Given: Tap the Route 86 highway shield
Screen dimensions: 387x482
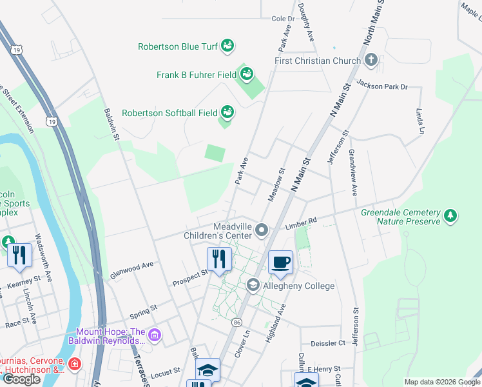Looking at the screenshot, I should [x=237, y=321].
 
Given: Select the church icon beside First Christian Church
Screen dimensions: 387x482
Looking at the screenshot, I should [x=371, y=61].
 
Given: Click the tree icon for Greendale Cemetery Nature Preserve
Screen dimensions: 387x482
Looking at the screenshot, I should [x=450, y=216].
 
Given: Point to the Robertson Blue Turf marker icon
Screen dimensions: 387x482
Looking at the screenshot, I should [x=227, y=46].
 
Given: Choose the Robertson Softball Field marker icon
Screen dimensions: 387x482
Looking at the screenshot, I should [x=227, y=112].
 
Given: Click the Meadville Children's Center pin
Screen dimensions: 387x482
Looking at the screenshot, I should [x=262, y=230].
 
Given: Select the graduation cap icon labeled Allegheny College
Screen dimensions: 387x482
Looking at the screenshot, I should [x=253, y=285].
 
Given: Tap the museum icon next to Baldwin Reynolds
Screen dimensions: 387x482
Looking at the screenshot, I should [x=154, y=335].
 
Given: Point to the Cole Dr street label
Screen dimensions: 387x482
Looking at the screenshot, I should [x=283, y=19].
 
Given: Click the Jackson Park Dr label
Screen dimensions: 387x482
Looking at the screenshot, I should [x=383, y=85].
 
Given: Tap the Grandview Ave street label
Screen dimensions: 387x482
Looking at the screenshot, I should [x=352, y=172].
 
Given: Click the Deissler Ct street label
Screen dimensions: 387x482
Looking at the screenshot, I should [x=328, y=343].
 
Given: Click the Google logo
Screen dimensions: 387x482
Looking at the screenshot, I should [x=22, y=379].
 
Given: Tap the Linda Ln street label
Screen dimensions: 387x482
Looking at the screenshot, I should [x=421, y=121].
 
